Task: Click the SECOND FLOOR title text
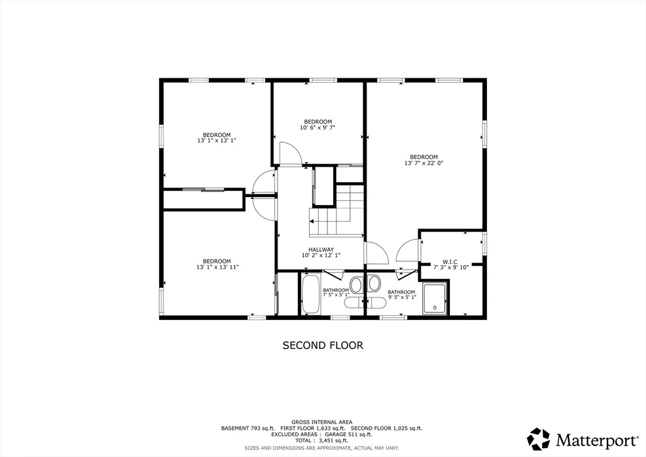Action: [x=322, y=345]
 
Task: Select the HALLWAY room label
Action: [x=321, y=249]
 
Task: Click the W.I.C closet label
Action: [x=450, y=261]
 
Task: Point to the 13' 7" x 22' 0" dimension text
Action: [x=424, y=163]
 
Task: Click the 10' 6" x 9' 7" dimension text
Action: [x=317, y=128]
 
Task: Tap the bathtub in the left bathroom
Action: [x=310, y=294]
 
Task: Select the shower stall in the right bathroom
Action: [x=435, y=299]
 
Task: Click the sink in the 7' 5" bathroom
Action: [x=356, y=285]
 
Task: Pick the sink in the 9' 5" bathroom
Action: [x=374, y=285]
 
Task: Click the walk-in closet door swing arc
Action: [x=407, y=250]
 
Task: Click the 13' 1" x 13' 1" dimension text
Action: [x=216, y=141]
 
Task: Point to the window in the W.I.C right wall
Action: [x=484, y=243]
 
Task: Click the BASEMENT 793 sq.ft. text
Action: [x=247, y=429]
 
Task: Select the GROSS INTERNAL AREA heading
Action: [x=321, y=422]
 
